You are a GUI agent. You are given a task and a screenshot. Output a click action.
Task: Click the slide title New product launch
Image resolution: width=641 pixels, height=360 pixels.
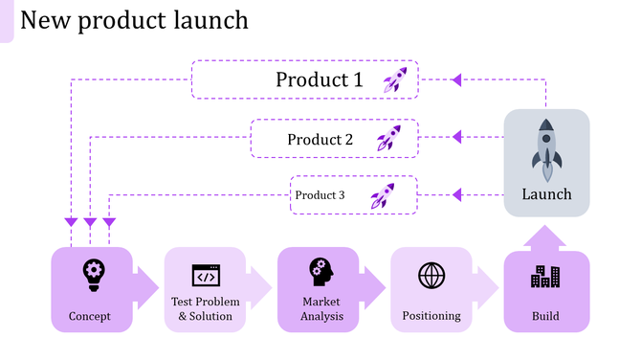pos(134,19)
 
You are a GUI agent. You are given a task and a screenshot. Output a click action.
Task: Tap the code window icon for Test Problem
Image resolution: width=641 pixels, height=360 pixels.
pos(205,276)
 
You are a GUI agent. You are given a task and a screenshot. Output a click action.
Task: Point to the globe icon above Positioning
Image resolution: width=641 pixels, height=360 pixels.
pos(431,275)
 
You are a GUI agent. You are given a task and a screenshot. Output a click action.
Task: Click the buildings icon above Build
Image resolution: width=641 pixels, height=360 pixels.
pos(545,276)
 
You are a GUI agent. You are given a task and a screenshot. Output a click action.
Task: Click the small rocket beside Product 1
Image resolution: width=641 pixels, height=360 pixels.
pos(395,79)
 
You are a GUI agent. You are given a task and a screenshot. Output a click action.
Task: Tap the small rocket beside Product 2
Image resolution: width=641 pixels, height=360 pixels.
pos(387,138)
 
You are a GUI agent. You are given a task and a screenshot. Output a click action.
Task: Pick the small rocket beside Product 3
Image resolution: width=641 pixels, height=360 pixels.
pos(383,195)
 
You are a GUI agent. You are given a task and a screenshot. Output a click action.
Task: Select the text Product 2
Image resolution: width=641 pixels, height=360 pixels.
pos(320,139)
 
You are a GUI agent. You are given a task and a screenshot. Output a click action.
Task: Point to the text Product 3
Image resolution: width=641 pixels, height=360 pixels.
pos(320,195)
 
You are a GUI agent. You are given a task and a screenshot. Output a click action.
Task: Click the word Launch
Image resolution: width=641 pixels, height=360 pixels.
pos(546,194)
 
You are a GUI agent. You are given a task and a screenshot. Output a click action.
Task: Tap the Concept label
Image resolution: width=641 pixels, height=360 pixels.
pos(90,316)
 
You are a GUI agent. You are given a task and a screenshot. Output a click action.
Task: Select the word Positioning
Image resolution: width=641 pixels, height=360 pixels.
pos(431,316)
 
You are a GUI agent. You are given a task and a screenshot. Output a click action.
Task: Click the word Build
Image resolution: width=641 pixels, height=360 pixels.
pos(545,316)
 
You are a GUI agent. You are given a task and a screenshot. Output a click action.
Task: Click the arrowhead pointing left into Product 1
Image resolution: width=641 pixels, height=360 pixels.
pos(456,79)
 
